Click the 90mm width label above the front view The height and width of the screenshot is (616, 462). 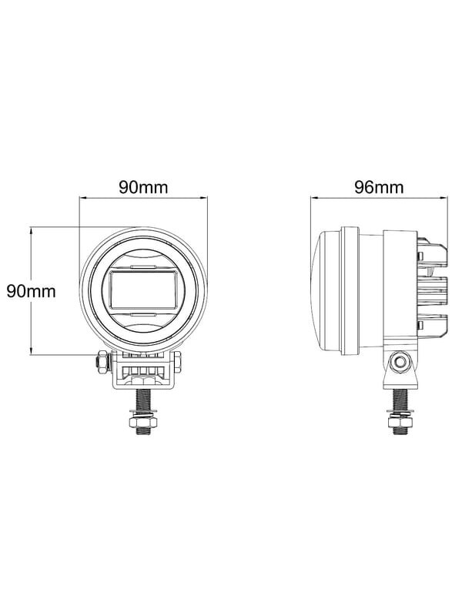coord(143,187)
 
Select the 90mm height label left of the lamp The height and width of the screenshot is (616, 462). coord(32,291)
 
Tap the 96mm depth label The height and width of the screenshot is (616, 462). coord(379,187)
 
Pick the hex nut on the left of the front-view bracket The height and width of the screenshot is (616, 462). coord(103,362)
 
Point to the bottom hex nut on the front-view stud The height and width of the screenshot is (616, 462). coord(143,422)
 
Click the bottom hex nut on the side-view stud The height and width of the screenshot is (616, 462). coord(400,422)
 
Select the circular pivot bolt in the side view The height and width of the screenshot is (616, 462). coord(400,361)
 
